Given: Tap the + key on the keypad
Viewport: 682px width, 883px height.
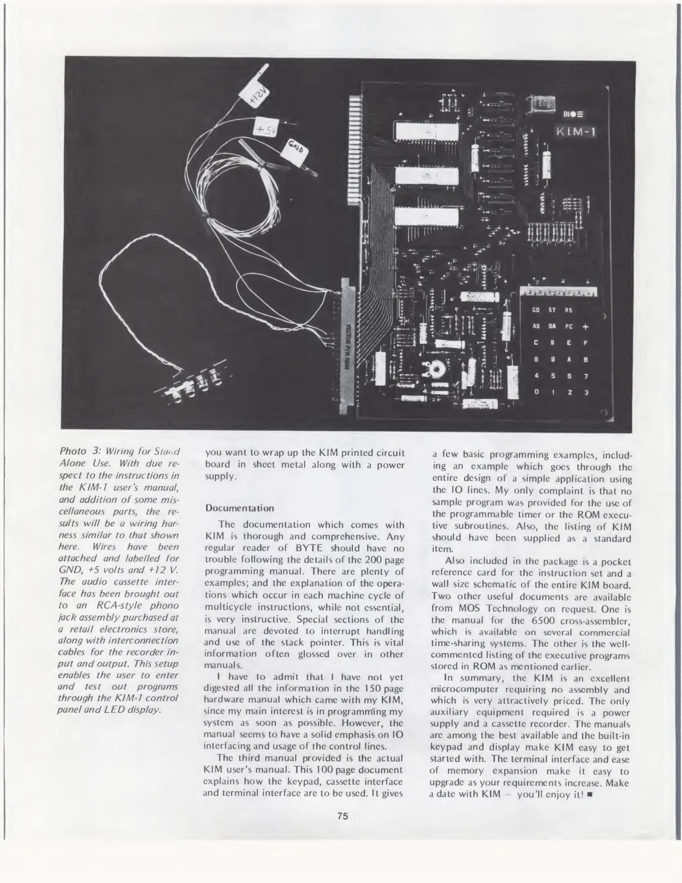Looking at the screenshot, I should click(x=585, y=327).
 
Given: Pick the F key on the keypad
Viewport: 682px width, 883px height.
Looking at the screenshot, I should click(x=585, y=343).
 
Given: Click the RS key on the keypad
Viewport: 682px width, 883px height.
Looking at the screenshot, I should click(x=568, y=310).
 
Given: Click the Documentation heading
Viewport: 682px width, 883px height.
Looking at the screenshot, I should click(x=239, y=508).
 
